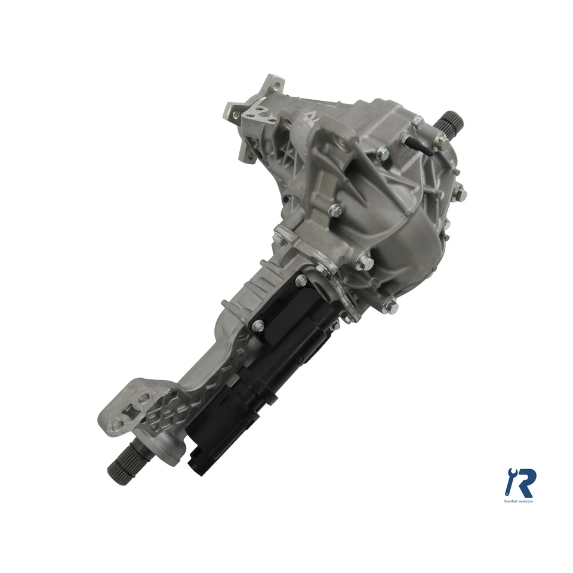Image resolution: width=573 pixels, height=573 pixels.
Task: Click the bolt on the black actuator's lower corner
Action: (258, 325)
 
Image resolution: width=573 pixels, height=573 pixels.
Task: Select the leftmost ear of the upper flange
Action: (232, 110)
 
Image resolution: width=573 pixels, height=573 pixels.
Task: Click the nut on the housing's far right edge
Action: (460, 193)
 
